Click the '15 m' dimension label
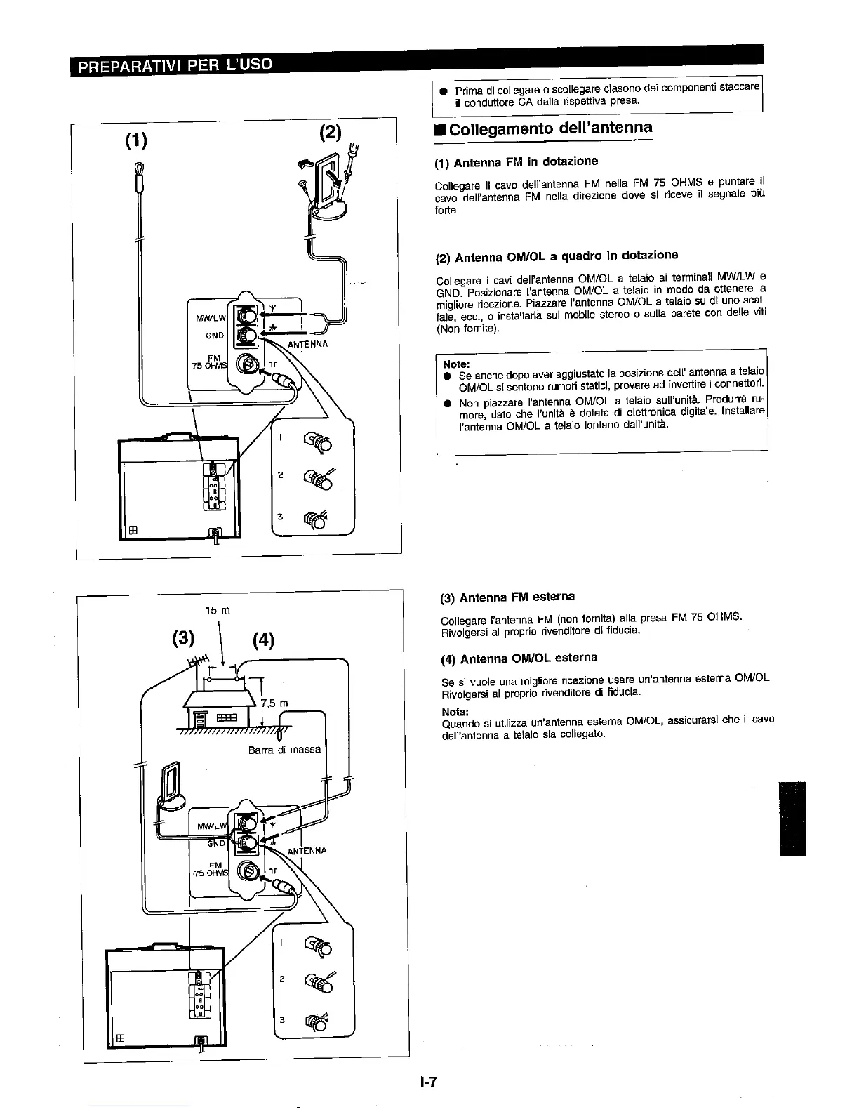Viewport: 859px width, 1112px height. tap(218, 610)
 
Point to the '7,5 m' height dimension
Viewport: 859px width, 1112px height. tap(274, 703)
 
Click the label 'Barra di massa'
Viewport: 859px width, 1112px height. tap(284, 750)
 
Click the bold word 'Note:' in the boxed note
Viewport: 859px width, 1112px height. tap(456, 364)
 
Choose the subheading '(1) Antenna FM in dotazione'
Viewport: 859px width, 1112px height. tap(517, 162)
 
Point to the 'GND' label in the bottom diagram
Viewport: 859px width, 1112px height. tap(215, 842)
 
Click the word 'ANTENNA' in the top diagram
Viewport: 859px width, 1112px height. tap(307, 345)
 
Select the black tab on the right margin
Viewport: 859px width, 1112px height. tap(792, 819)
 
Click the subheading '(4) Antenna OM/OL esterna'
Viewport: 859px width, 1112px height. tap(519, 658)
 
